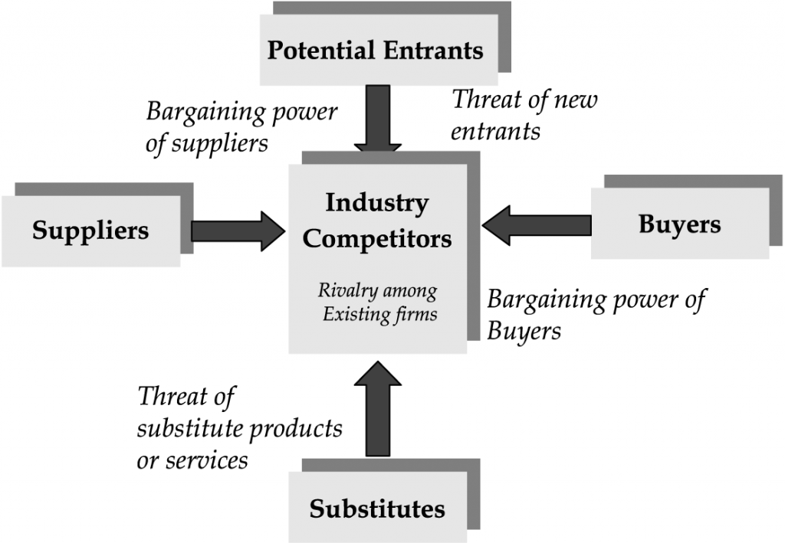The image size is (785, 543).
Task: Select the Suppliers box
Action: pos(90,231)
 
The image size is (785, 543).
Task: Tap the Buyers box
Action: pos(679,224)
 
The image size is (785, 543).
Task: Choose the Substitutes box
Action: pos(377,508)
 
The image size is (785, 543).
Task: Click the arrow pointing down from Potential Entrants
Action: pos(377,119)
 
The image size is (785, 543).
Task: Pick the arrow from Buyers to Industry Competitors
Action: pos(537,224)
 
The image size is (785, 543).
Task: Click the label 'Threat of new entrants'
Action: pos(524,114)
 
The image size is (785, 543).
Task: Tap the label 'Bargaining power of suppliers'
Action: pos(241,126)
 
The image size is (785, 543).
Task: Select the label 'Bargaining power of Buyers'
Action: pos(596,314)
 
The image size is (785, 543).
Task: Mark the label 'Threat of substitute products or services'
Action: pos(238,428)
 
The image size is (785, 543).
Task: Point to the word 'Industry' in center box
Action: pos(376,204)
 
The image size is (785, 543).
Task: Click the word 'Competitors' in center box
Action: pos(376,238)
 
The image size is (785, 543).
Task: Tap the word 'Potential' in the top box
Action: pos(321,51)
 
